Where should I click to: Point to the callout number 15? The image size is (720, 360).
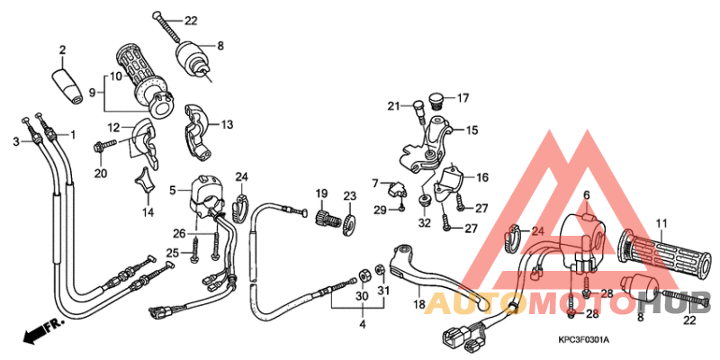pos(471,130)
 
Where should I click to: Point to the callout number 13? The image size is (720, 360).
pos(226,125)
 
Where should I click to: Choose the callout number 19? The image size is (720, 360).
pos(319,194)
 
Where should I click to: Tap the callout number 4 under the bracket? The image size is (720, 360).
pos(361,323)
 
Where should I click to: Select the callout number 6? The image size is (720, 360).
pos(585,195)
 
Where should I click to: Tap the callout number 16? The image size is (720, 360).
pos(482,178)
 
